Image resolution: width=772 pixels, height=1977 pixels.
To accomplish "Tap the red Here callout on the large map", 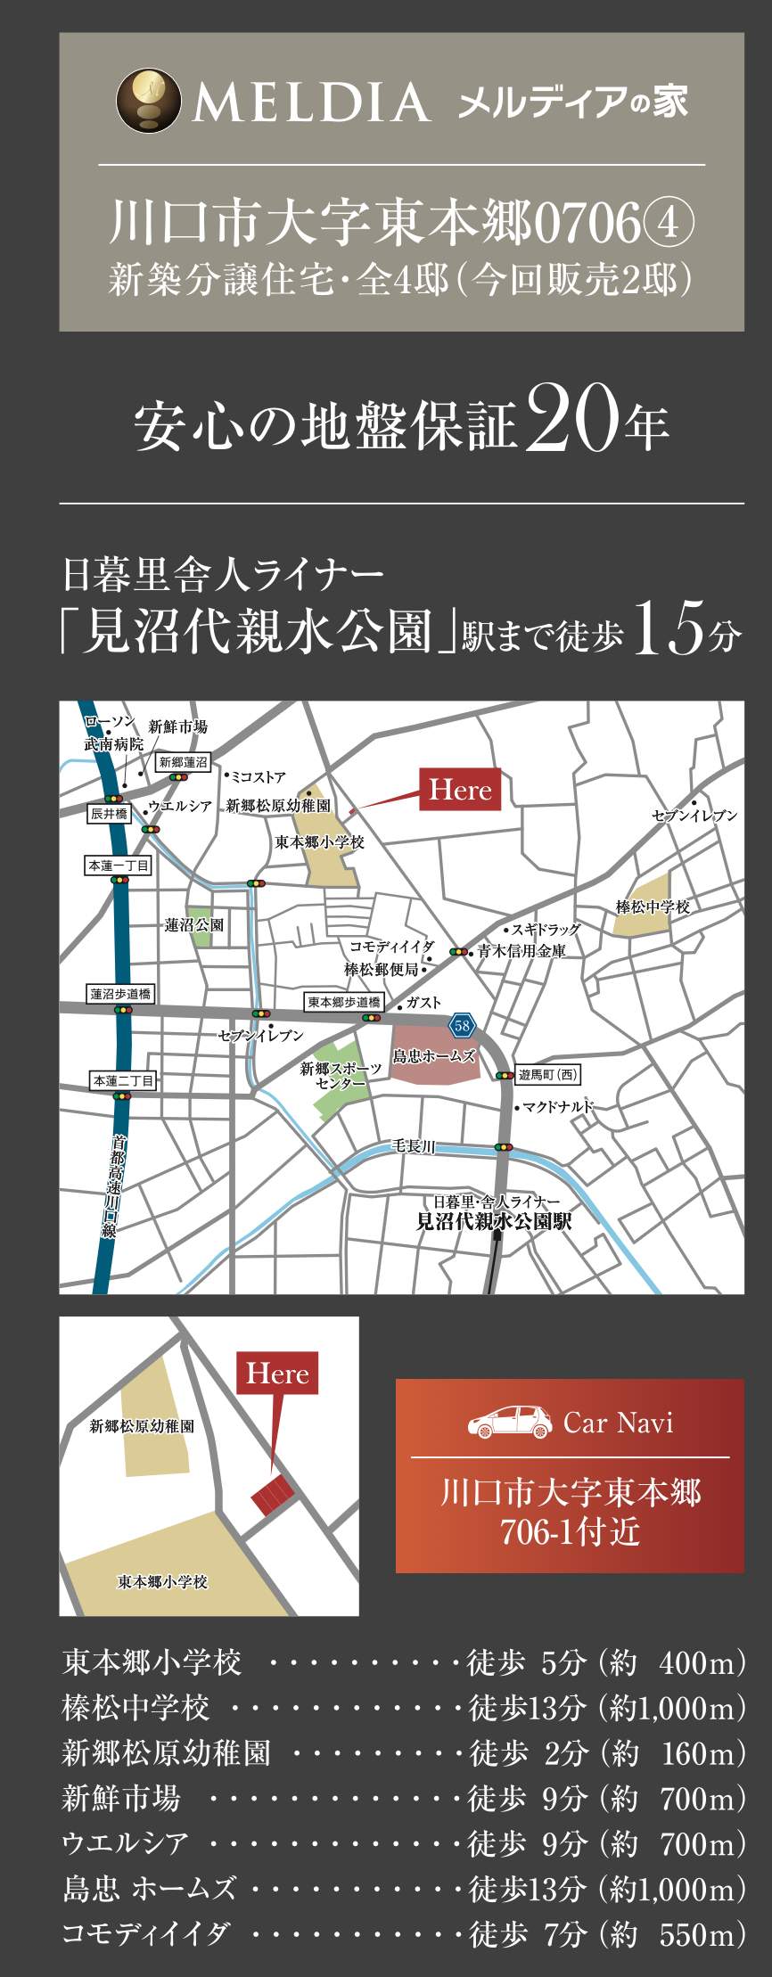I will pyautogui.click(x=460, y=790).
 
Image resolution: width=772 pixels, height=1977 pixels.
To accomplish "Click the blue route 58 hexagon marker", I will pyautogui.click(x=462, y=1026).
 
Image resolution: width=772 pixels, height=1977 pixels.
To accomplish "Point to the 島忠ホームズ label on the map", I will pyautogui.click(x=434, y=1056).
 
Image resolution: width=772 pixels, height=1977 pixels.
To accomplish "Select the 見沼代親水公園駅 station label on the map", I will pyautogui.click(x=494, y=1222).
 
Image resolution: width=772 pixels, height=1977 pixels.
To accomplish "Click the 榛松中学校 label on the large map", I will pyautogui.click(x=653, y=906).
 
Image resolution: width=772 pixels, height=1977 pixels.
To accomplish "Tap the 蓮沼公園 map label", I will pyautogui.click(x=194, y=925).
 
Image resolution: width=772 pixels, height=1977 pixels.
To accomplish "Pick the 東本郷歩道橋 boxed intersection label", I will pyautogui.click(x=343, y=1003).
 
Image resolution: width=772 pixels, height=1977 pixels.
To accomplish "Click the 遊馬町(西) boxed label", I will pyautogui.click(x=548, y=1075).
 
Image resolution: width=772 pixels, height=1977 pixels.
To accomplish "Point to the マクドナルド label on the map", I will pyautogui.click(x=558, y=1107).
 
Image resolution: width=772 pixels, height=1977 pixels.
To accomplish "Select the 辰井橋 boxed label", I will pyautogui.click(x=109, y=814).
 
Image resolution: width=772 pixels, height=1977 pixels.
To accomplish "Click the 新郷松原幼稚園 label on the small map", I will pyautogui.click(x=143, y=1426).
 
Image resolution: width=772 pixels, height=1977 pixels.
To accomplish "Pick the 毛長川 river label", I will pyautogui.click(x=415, y=1146).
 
